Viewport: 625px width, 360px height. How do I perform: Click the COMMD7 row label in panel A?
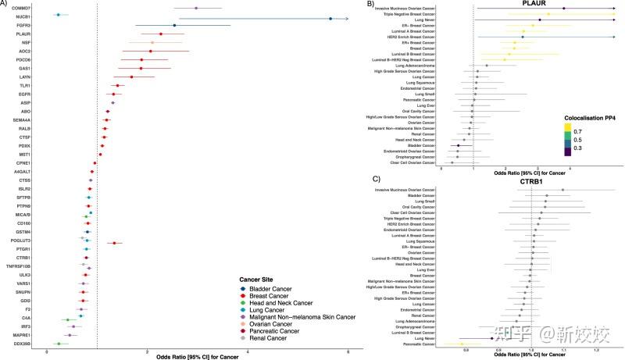pos(21,8)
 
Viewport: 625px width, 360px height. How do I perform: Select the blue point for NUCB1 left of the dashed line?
pos(58,15)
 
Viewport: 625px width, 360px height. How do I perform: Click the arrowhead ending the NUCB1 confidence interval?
pos(346,18)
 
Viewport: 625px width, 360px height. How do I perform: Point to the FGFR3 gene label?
pos(22,26)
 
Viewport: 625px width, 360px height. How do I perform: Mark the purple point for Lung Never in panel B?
pos(540,20)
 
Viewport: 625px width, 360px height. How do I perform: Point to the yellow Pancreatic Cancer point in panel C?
pos(462,344)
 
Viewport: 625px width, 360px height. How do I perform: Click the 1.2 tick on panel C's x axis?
pos(596,352)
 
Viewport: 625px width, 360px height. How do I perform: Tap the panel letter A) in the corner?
pos(6,5)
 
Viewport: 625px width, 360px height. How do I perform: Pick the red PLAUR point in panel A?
pos(161,34)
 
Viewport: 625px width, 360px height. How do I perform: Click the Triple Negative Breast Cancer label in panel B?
pos(405,14)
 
